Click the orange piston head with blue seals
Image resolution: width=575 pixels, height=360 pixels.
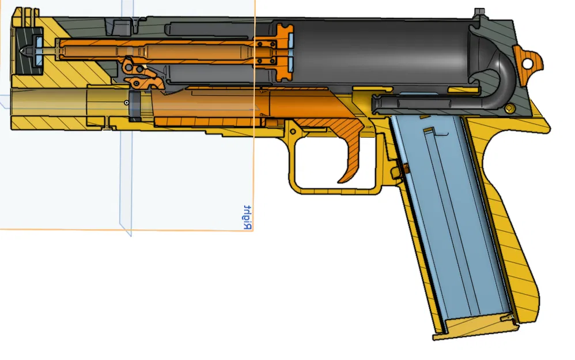click(283, 52)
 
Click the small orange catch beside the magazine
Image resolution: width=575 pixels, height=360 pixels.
click(405, 168)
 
